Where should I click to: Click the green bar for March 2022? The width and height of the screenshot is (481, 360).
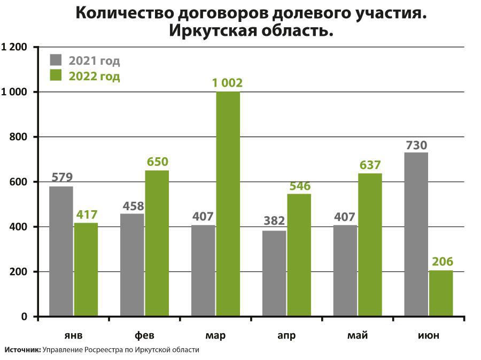pyautogui.click(x=228, y=204)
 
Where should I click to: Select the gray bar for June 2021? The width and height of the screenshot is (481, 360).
pyautogui.click(x=416, y=234)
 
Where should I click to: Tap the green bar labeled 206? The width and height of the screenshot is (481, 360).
pyautogui.click(x=441, y=293)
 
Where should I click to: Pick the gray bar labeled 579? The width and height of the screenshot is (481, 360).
pyautogui.click(x=61, y=251)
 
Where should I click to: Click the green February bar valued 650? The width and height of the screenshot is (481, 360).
pyautogui.click(x=157, y=243)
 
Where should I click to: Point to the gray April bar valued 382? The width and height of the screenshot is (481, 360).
pyautogui.click(x=274, y=273)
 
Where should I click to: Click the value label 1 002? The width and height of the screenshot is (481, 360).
pyautogui.click(x=227, y=83)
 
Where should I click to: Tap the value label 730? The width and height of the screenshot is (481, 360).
pyautogui.click(x=416, y=145)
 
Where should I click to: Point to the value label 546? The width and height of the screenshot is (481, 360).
pyautogui.click(x=300, y=186)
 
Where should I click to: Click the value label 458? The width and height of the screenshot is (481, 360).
pyautogui.click(x=133, y=206)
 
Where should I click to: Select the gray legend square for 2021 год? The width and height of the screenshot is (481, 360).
pyautogui.click(x=56, y=59)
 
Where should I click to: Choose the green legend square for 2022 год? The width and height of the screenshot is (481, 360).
pyautogui.click(x=56, y=75)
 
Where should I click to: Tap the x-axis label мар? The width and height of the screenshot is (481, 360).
pyautogui.click(x=215, y=335)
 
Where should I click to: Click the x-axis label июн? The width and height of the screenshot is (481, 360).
pyautogui.click(x=429, y=335)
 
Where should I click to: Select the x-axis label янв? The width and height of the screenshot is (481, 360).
pyautogui.click(x=73, y=335)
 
